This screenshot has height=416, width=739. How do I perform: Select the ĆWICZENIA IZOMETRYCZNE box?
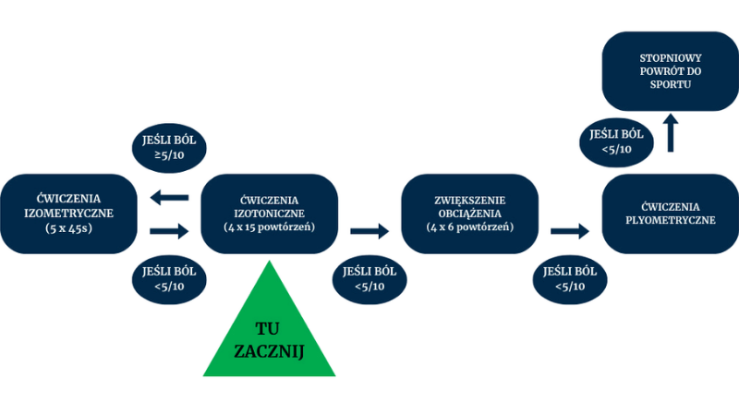point(69,214)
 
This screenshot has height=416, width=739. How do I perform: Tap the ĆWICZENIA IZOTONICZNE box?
point(270,214)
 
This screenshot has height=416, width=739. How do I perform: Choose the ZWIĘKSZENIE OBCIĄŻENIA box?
point(470,214)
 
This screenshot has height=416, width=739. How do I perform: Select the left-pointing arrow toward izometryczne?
point(169,196)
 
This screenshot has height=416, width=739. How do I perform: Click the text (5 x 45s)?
point(69,228)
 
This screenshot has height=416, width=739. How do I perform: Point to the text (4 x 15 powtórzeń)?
point(270,228)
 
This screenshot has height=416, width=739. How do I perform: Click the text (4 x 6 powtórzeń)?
point(470,228)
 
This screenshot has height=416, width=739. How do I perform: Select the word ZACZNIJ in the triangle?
point(270,351)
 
